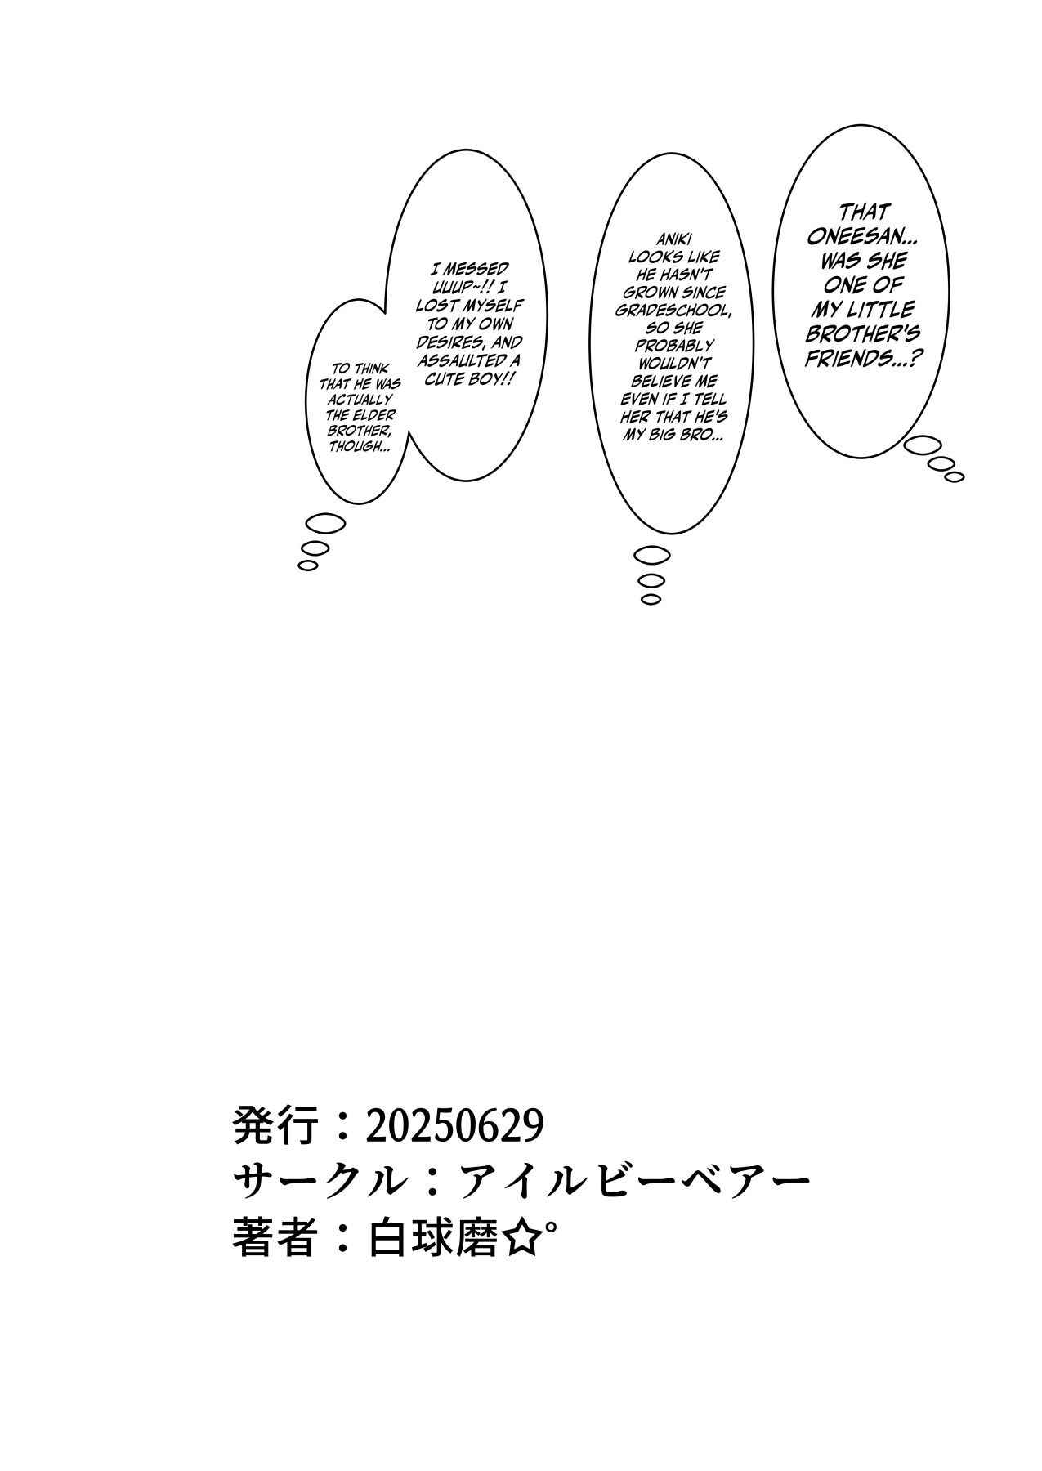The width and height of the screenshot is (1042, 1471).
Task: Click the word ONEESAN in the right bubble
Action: [861, 236]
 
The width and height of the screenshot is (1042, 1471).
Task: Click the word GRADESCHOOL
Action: [670, 310]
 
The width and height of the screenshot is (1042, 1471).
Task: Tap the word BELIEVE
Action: [673, 382]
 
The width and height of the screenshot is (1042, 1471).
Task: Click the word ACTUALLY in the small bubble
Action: [360, 400]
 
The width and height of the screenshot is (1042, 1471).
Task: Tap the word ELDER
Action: [377, 416]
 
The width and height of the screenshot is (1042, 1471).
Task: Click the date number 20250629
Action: [454, 1127]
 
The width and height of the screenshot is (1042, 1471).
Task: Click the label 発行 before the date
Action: [274, 1127]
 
